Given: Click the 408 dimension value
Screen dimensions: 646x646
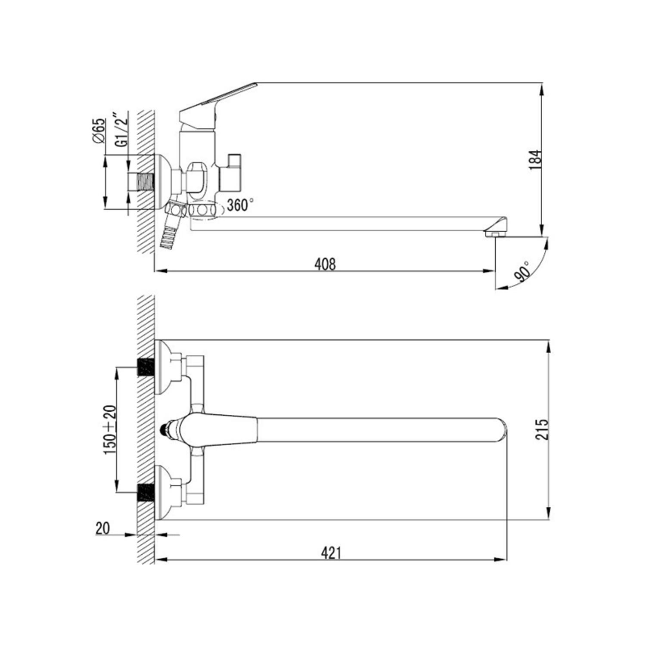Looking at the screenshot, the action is click(x=325, y=264).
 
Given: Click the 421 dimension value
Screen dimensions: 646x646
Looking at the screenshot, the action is click(x=331, y=553).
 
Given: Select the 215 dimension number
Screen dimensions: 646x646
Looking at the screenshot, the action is click(x=544, y=429).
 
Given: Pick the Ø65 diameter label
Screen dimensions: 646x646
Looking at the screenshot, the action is click(x=99, y=130).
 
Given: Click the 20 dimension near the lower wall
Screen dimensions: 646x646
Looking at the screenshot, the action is click(x=102, y=528).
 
